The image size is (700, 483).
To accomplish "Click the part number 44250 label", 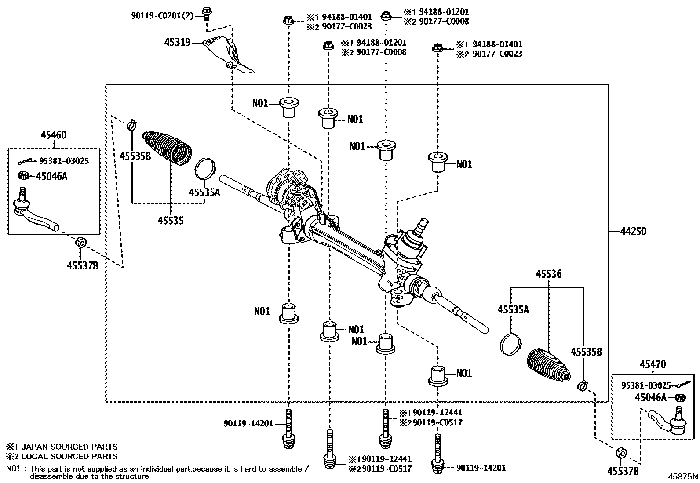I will pos(633,231).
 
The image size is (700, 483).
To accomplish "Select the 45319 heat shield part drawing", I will pos(231,55).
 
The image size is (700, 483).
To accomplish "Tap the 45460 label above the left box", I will pos(54,135).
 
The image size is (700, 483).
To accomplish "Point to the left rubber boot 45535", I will pos(168,149).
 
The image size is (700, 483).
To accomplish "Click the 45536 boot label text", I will pos(548,274).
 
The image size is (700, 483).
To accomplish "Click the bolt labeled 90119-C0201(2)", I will pos(206,13).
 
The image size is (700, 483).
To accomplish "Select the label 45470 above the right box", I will pos(653,364).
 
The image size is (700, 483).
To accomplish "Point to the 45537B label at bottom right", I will pos(623,471).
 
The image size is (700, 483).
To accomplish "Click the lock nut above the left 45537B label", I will pos(81,242).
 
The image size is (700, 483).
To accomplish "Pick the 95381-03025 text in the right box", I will pos(646,385).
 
